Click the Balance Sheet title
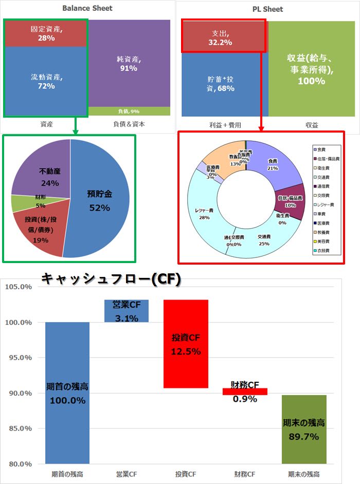(x=87, y=8)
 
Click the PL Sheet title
(x=268, y=9)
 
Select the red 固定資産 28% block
(x=46, y=33)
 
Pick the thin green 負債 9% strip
(x=129, y=111)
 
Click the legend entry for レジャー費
(x=327, y=204)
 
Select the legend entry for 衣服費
(x=327, y=250)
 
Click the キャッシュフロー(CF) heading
(x=111, y=279)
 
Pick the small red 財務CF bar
(x=245, y=392)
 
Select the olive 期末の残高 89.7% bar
(x=304, y=429)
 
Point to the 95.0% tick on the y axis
(x=20, y=358)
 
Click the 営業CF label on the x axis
(x=127, y=474)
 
